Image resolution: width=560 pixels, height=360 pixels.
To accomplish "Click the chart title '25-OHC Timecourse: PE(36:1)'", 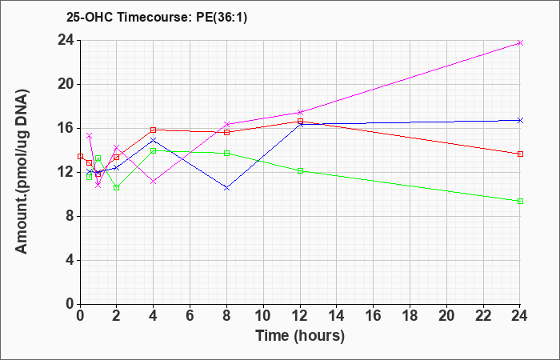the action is [157, 17].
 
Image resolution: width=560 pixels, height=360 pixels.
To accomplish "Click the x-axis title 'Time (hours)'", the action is [300, 336].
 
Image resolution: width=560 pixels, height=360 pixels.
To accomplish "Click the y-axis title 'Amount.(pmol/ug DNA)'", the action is [22, 171].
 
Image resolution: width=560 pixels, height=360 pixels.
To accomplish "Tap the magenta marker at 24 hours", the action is [520, 43].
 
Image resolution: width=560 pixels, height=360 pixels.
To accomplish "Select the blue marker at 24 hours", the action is [520, 120].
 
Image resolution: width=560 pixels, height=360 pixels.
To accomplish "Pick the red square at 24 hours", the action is [520, 154].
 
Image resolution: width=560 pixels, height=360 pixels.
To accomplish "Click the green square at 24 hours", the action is [520, 201].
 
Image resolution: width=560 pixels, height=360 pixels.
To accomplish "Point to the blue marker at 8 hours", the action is [226, 187].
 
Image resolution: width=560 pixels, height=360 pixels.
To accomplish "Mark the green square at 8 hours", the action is [226, 154].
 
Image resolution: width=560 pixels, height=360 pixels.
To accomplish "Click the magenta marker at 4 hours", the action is [154, 182].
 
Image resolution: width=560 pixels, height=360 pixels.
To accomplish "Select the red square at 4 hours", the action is [154, 130].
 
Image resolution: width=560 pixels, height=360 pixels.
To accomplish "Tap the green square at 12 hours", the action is [300, 170].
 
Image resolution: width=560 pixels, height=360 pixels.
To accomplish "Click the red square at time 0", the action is [80, 157].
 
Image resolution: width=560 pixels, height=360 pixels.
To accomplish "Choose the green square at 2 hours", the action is [117, 187].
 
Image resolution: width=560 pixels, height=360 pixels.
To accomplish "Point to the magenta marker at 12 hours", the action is [300, 112].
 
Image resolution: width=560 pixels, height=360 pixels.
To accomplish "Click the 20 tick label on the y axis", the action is [66, 85].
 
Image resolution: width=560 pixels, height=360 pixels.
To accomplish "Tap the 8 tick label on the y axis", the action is [70, 217].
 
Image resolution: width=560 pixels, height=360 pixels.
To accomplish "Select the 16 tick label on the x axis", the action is [374, 316].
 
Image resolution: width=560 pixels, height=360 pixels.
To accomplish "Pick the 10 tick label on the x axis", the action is [263, 316].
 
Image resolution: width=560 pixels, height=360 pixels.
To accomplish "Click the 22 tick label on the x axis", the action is [483, 316].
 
